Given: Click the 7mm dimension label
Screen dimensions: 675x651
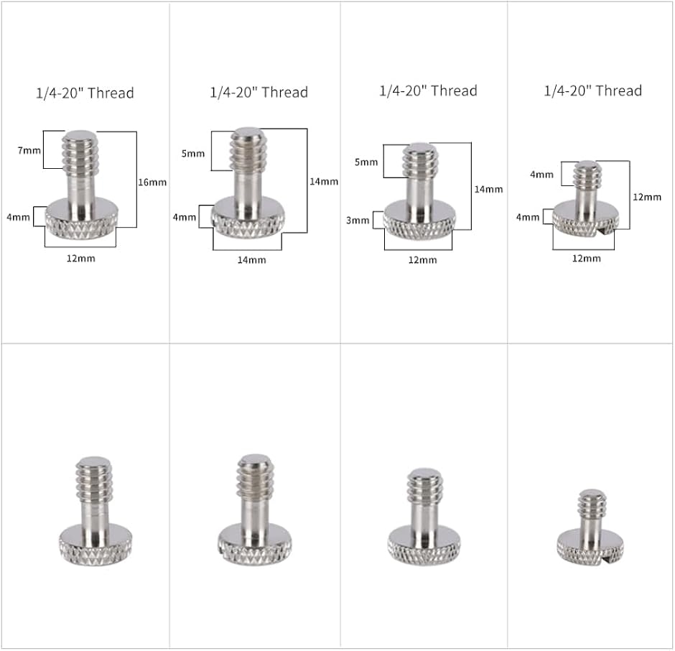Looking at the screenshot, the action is (x=29, y=150).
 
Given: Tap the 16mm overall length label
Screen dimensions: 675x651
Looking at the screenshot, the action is (x=152, y=183).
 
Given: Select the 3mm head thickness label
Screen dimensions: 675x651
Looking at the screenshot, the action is (x=358, y=221).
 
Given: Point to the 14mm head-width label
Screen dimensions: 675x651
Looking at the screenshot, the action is (x=252, y=260).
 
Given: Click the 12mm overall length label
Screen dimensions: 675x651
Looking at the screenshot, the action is (x=646, y=198).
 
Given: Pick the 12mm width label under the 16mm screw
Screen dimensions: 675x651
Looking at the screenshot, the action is (x=81, y=259).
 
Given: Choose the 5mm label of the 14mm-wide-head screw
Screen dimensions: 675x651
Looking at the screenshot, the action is (x=193, y=153).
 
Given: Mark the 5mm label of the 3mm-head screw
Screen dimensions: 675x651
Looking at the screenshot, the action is (x=366, y=162).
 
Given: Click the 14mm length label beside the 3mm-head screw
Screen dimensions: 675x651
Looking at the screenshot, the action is (x=488, y=189).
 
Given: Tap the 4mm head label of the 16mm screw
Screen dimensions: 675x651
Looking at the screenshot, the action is (x=18, y=217).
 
